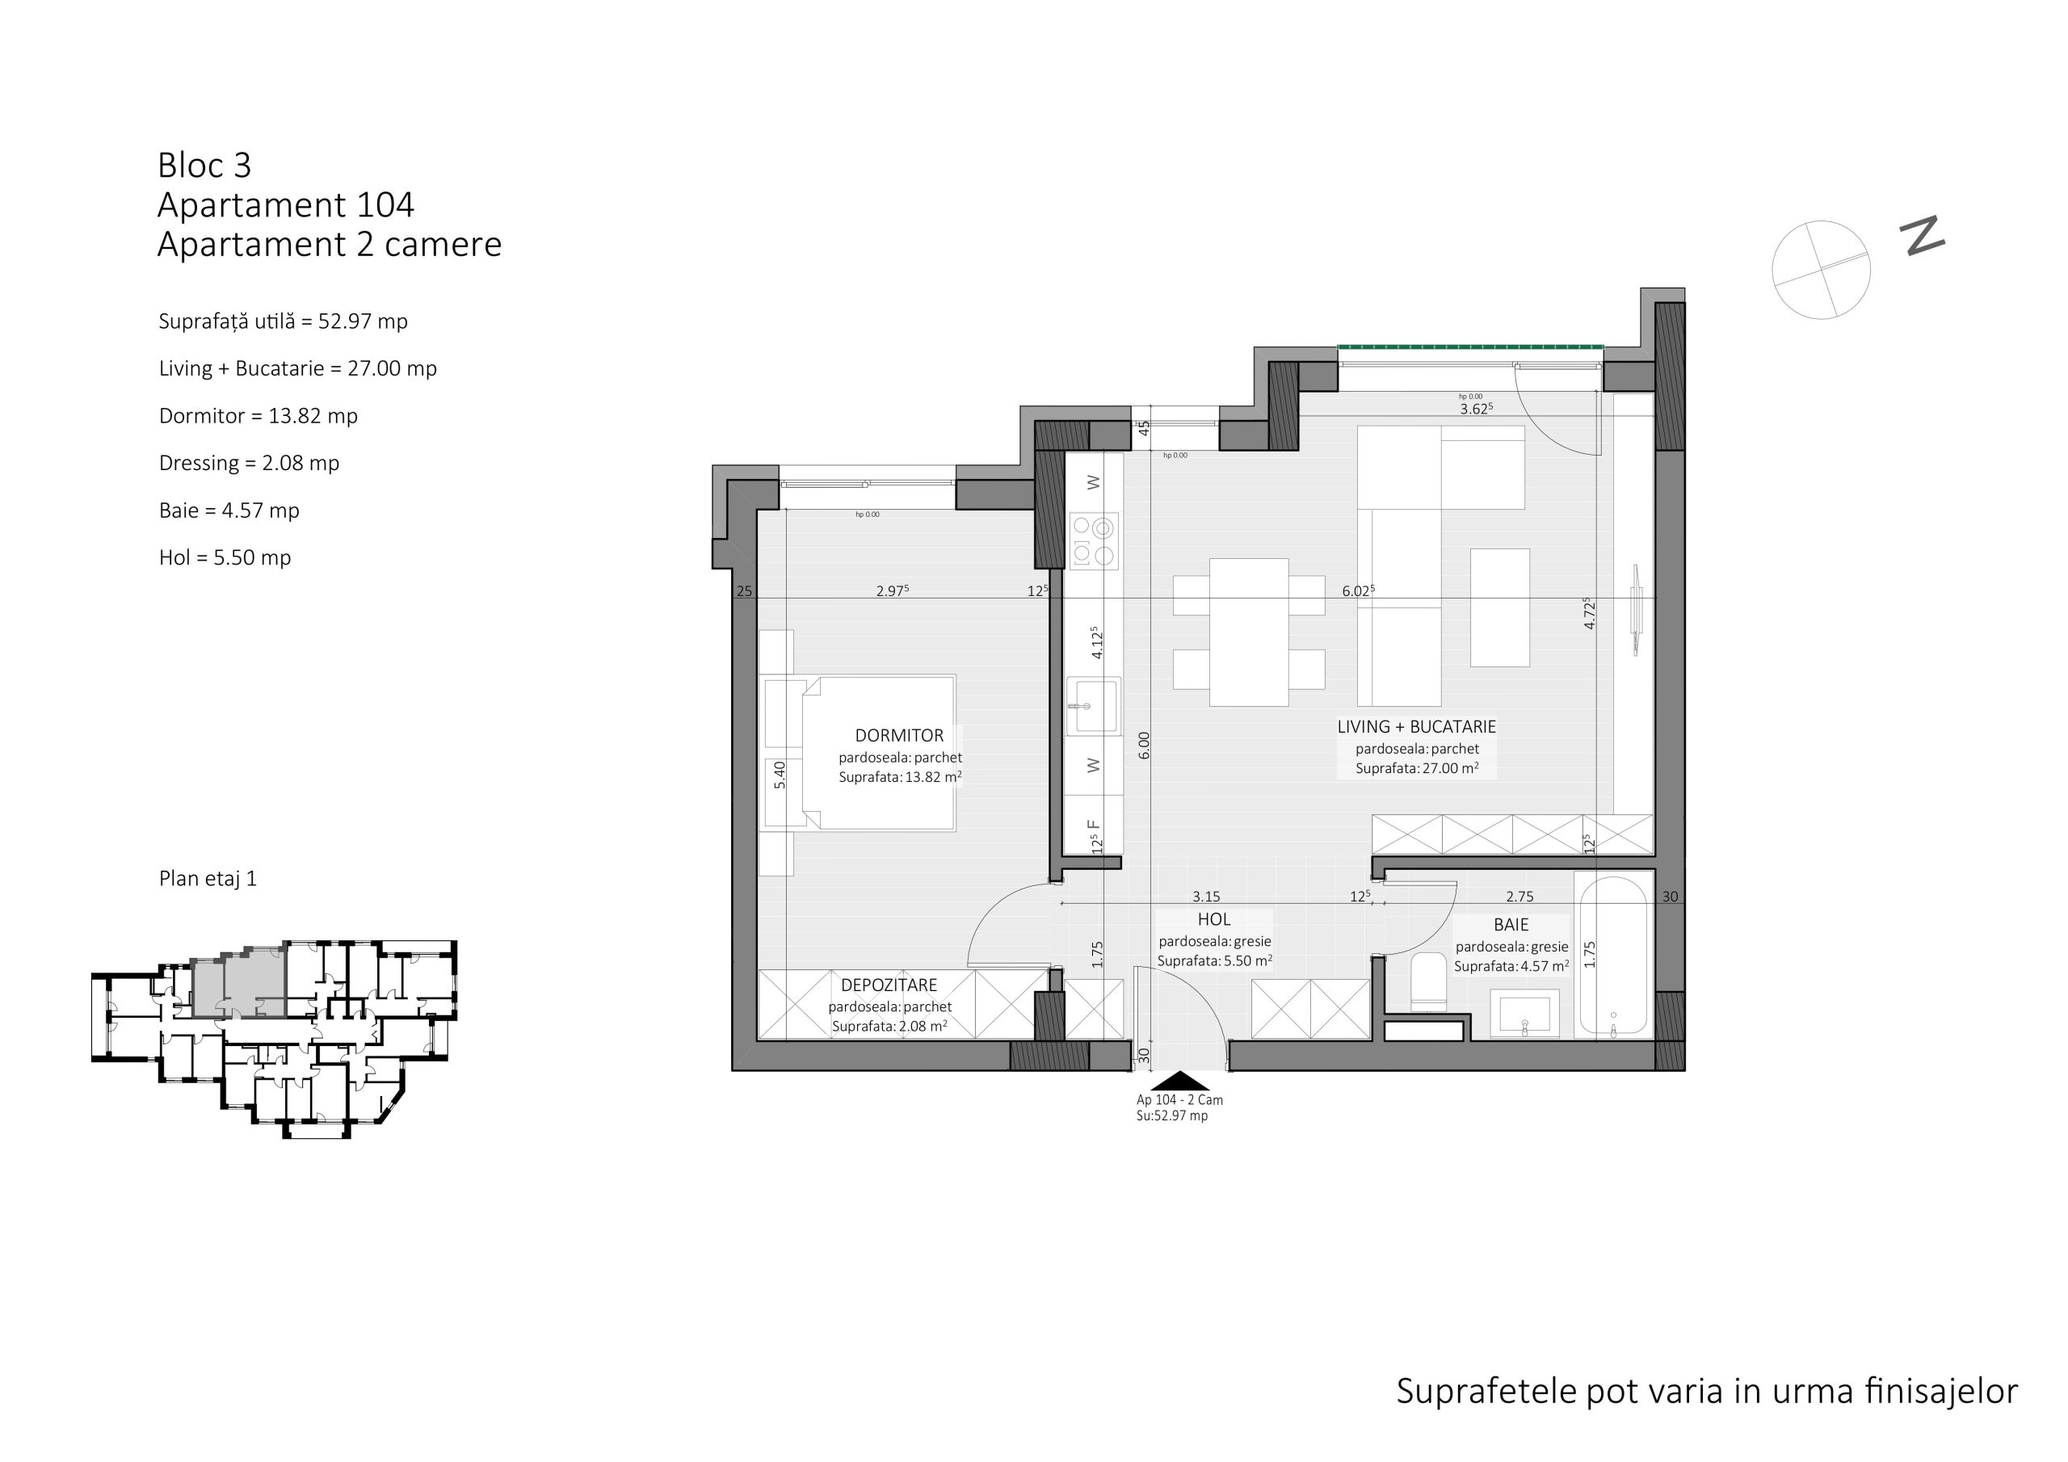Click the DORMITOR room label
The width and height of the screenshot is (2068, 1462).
coord(899,735)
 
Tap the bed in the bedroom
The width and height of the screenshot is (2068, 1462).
coord(878,752)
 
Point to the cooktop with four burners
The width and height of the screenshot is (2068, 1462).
coord(1094,540)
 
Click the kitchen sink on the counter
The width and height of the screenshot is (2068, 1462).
coord(1094,706)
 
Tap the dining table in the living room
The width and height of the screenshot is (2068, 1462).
coord(1248,632)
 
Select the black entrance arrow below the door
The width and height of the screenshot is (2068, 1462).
coord(1180,1081)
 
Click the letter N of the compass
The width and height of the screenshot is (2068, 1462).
coord(1922,236)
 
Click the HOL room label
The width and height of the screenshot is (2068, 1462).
coord(1213,920)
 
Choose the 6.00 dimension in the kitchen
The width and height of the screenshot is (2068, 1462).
coord(1144,745)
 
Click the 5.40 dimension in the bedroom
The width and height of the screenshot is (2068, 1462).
coord(780,775)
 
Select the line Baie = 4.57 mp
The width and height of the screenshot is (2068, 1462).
coord(229,510)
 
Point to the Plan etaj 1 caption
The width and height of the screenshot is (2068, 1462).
coord(208,878)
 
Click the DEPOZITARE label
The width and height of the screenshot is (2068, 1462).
coord(889,985)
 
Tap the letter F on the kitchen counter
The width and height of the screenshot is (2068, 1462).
coord(1094,824)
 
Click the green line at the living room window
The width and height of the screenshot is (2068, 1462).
coord(1470,347)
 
